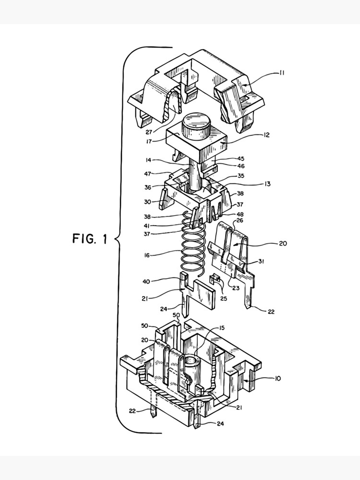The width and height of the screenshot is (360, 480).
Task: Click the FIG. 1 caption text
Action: (x=90, y=239)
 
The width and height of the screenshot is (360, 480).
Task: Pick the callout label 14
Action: (x=149, y=160)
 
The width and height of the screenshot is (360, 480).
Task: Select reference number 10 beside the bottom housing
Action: (x=278, y=379)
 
